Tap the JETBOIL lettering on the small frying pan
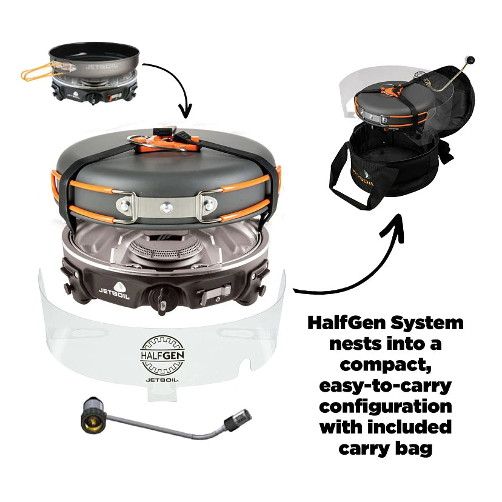coord(99,67)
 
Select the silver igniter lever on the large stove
coord(212,295)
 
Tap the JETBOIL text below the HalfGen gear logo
coord(162,379)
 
